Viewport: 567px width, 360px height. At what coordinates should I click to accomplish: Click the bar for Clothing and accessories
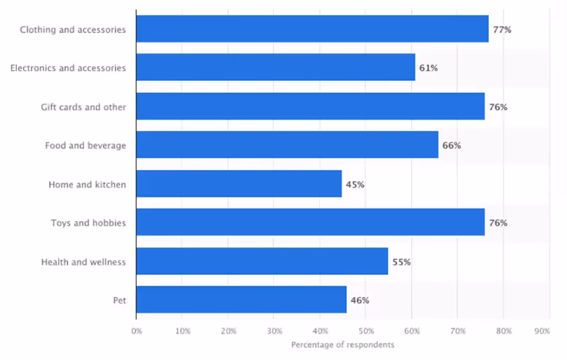[312, 29]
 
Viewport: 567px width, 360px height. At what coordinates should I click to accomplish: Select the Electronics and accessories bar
[275, 68]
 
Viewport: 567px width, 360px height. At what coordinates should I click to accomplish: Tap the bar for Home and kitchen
[239, 184]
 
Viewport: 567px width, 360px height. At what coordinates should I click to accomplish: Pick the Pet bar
[241, 299]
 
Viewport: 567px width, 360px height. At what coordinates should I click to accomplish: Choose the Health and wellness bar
[262, 261]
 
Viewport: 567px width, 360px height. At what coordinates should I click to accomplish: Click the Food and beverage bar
[287, 145]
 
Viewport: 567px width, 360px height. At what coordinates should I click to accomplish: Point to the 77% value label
[502, 30]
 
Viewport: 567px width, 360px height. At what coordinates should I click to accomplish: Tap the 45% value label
[355, 184]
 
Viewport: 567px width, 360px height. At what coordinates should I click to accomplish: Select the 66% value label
[451, 146]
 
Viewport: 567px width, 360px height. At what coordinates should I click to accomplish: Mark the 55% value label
[401, 261]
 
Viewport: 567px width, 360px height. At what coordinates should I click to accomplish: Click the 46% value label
[359, 300]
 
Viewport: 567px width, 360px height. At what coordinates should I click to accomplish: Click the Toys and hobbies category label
[88, 223]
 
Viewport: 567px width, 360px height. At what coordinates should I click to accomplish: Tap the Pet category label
[119, 300]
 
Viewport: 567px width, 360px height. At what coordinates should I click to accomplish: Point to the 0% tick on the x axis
[136, 331]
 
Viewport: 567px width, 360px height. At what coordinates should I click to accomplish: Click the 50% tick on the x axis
[366, 331]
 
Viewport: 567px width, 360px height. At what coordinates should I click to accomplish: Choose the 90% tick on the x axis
[541, 331]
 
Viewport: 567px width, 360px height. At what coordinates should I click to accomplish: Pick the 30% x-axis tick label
[274, 331]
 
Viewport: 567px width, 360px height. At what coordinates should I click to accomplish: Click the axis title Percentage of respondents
[342, 344]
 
